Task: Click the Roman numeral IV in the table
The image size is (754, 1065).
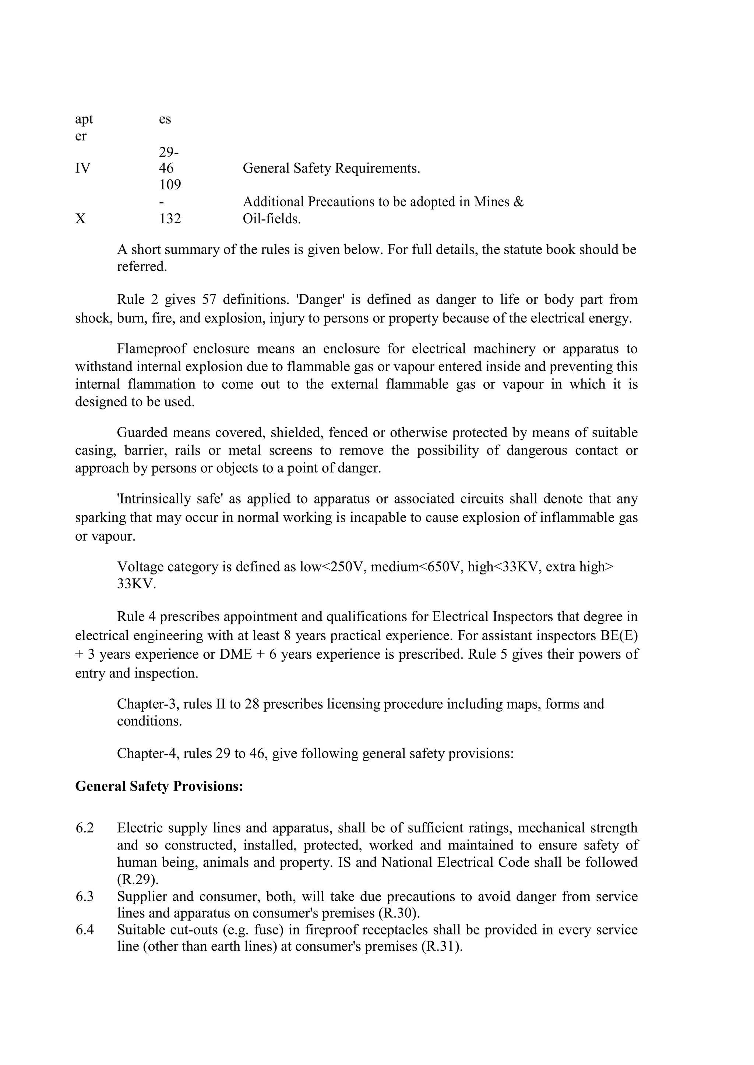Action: (82, 168)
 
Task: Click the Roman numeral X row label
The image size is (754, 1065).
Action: (80, 218)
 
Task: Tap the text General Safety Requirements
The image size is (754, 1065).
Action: (331, 168)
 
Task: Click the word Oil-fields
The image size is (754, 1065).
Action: (272, 218)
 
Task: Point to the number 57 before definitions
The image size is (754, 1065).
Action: (209, 300)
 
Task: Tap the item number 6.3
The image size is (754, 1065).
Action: (85, 897)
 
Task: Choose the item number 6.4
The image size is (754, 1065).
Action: (85, 930)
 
